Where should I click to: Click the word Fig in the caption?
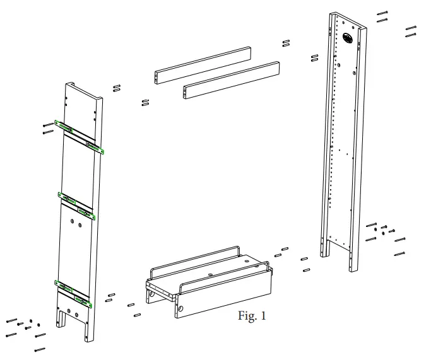pyautogui.click(x=246, y=316)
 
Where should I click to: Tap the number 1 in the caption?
pyautogui.click(x=263, y=316)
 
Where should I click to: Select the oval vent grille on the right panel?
pyautogui.click(x=348, y=38)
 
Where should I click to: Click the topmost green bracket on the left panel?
pyautogui.click(x=64, y=126)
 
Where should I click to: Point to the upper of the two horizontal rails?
pyautogui.click(x=202, y=63)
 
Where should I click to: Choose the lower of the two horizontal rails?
pyautogui.click(x=231, y=78)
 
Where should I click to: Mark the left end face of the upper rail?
pyautogui.click(x=158, y=77)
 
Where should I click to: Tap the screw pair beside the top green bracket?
pyautogui.click(x=48, y=128)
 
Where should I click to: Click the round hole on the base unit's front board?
pyautogui.click(x=181, y=309)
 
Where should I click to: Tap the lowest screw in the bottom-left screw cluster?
pyautogui.click(x=40, y=349)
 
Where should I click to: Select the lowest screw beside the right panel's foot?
pyautogui.click(x=399, y=253)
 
